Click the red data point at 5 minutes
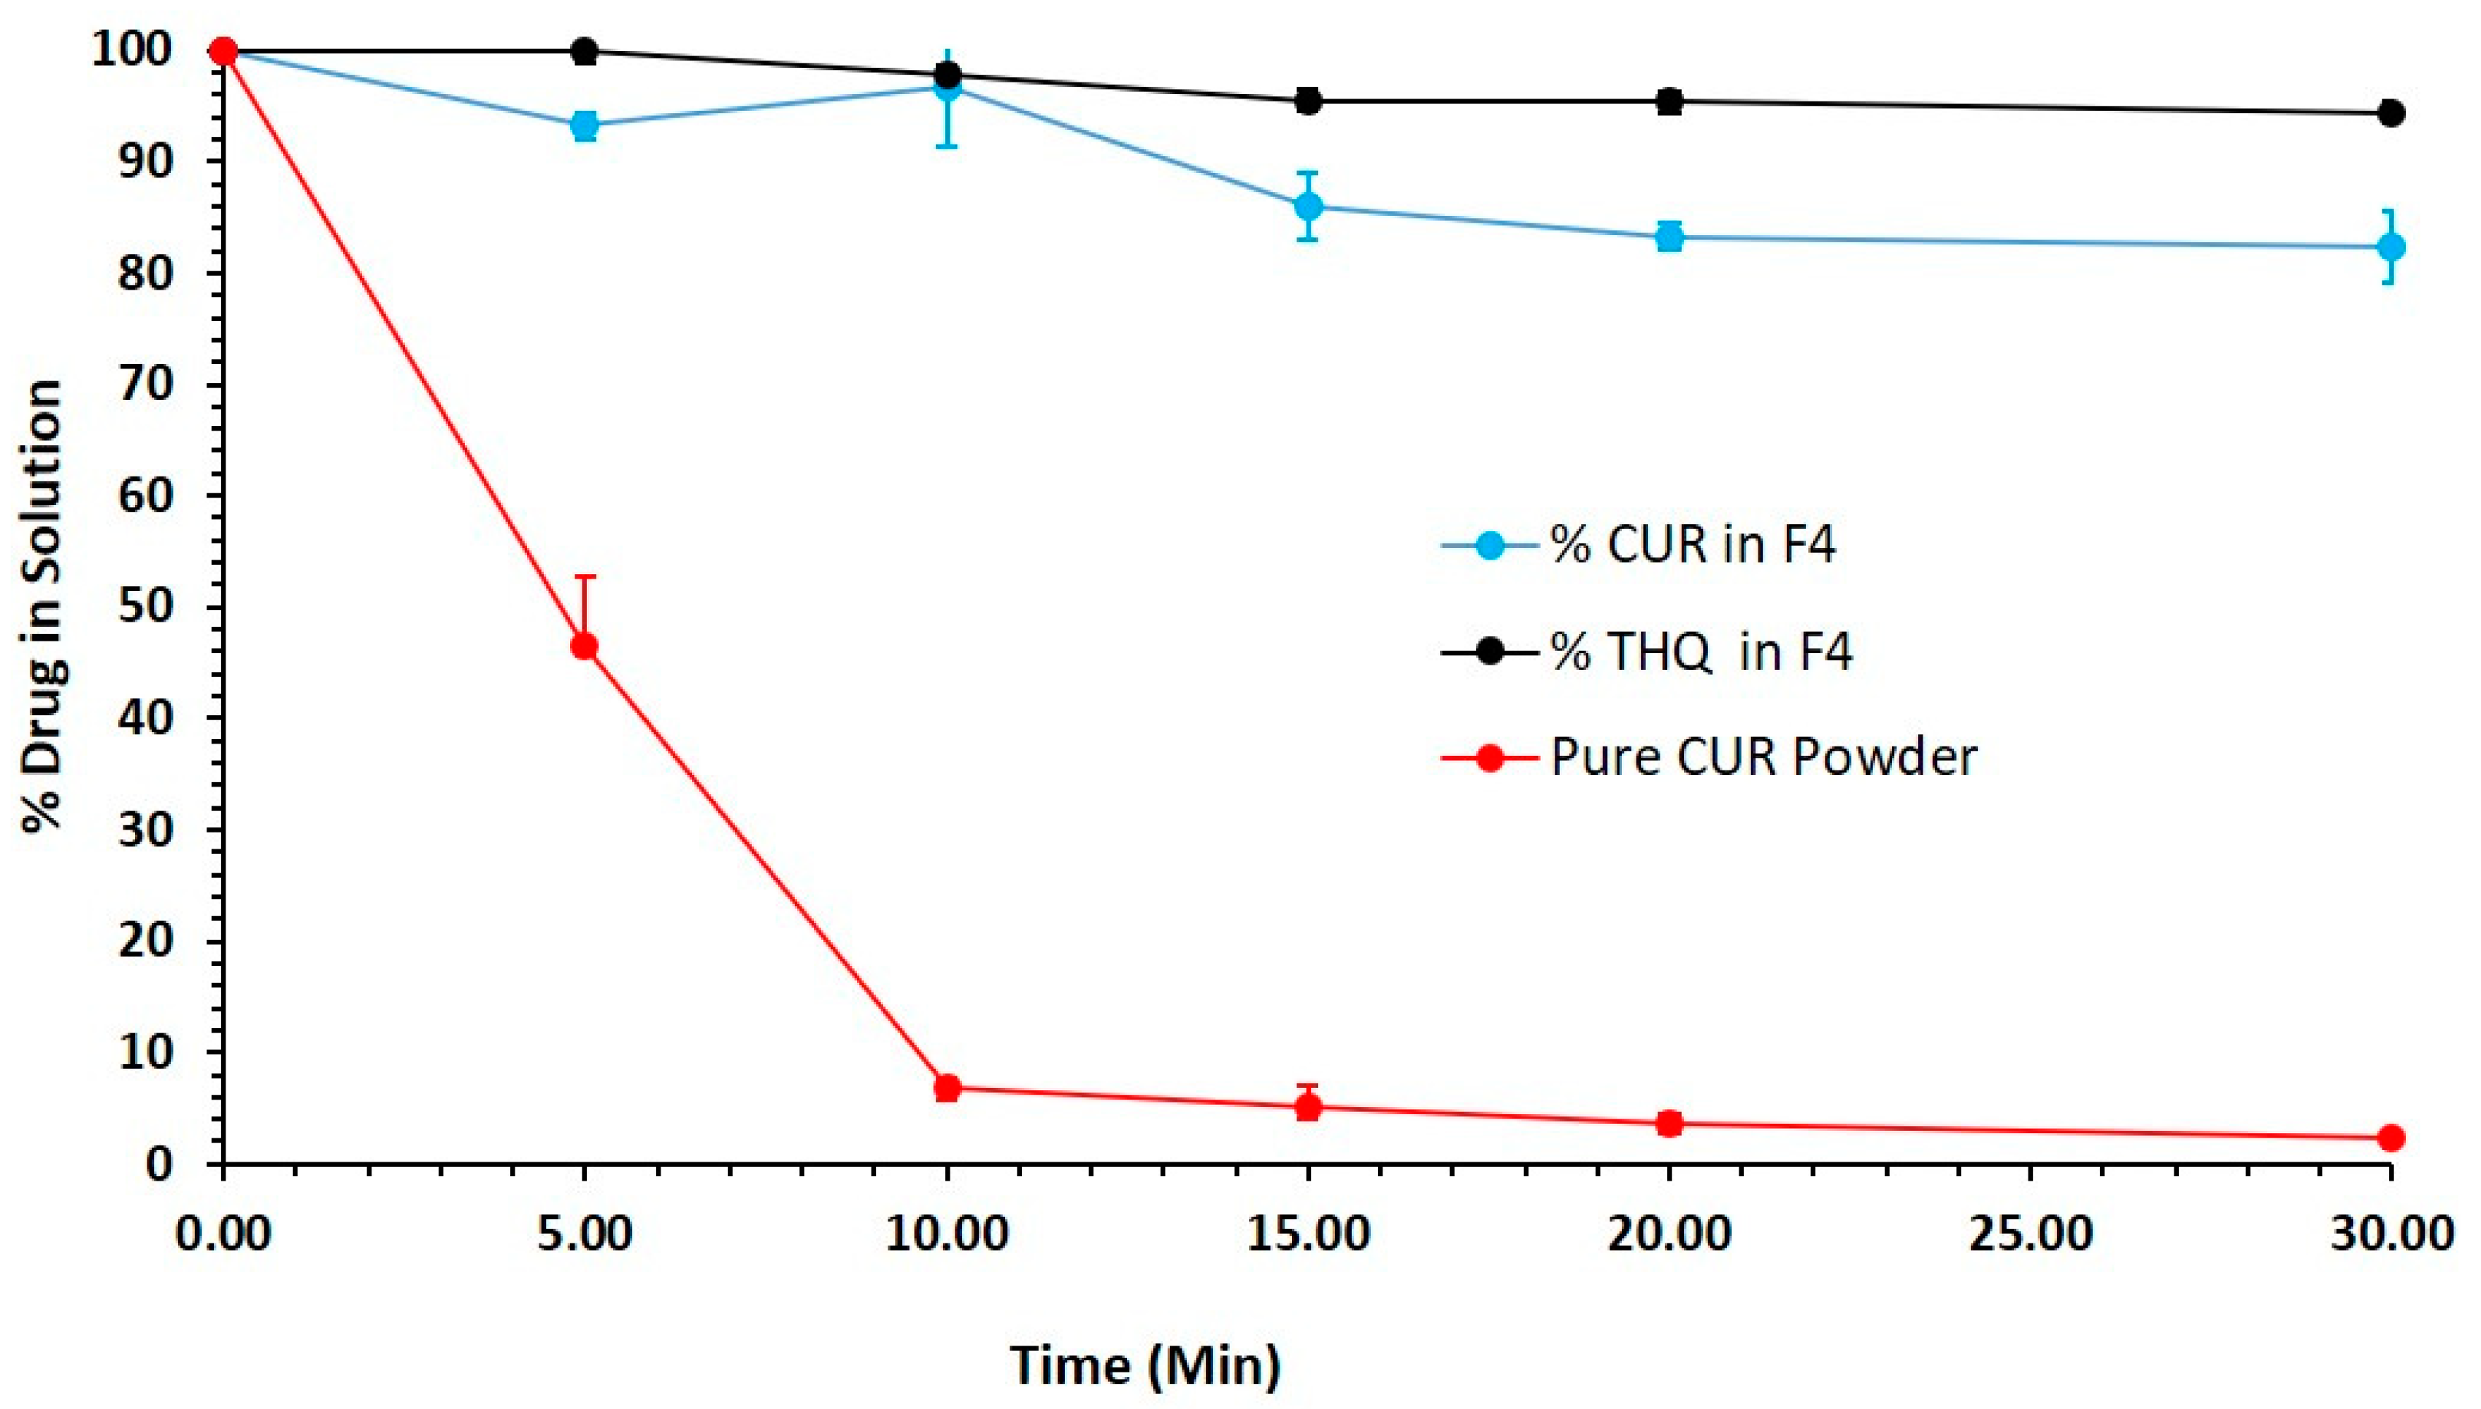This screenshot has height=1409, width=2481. (584, 646)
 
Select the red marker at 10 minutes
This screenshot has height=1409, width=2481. (947, 1088)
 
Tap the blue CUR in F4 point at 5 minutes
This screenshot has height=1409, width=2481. (584, 125)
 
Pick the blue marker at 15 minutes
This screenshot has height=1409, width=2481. (1308, 206)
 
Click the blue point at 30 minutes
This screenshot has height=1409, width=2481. (2391, 247)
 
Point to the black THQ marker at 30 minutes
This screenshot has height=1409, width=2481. (2391, 113)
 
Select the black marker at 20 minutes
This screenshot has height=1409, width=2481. (1669, 101)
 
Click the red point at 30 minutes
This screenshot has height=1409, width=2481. (2391, 1137)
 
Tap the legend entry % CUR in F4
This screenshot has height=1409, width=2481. (1693, 546)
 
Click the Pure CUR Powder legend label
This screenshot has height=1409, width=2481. (1763, 757)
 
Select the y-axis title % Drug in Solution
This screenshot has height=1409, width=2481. (44, 606)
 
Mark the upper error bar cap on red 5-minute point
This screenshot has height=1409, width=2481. (585, 576)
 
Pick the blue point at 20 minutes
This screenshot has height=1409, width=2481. (1669, 236)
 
